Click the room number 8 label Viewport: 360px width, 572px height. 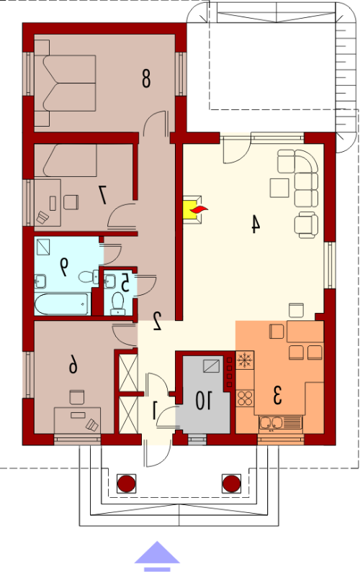click(145, 79)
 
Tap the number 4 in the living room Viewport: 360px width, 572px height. click(255, 224)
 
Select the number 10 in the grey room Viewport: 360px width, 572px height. click(203, 400)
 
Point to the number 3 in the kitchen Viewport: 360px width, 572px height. click(277, 396)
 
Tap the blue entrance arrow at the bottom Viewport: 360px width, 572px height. click(157, 555)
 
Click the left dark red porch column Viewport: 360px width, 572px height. click(127, 484)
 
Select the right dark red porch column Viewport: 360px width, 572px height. click(232, 484)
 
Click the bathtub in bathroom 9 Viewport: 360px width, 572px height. click(62, 304)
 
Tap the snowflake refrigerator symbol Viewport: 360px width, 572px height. click(245, 360)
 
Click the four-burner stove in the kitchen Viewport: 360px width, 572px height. click(245, 398)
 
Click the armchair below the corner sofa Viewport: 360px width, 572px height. click(306, 224)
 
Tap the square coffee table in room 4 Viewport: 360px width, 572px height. click(279, 188)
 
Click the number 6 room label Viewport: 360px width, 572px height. click(73, 365)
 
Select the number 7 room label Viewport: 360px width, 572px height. click(103, 194)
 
